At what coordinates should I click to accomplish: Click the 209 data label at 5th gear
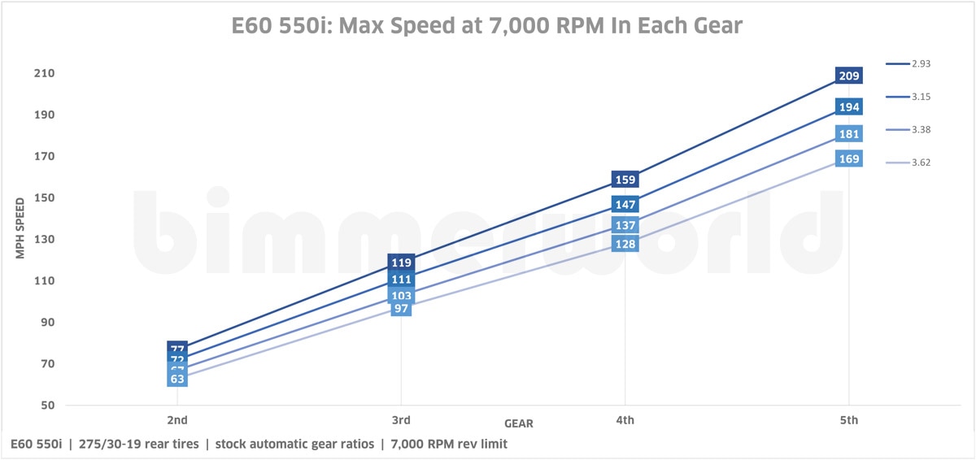pyautogui.click(x=849, y=76)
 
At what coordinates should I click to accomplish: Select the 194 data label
pyautogui.click(x=849, y=107)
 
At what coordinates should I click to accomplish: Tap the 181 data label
pyautogui.click(x=849, y=134)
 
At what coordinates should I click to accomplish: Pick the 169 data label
pyautogui.click(x=849, y=158)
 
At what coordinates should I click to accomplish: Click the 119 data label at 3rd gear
pyautogui.click(x=402, y=263)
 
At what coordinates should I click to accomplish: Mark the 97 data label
pyautogui.click(x=402, y=309)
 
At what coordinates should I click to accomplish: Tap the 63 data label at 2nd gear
pyautogui.click(x=178, y=379)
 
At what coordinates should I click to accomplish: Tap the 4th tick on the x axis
pyautogui.click(x=625, y=420)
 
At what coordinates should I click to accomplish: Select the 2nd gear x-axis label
pyautogui.click(x=178, y=420)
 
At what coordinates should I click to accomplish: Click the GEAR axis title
pyautogui.click(x=519, y=423)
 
